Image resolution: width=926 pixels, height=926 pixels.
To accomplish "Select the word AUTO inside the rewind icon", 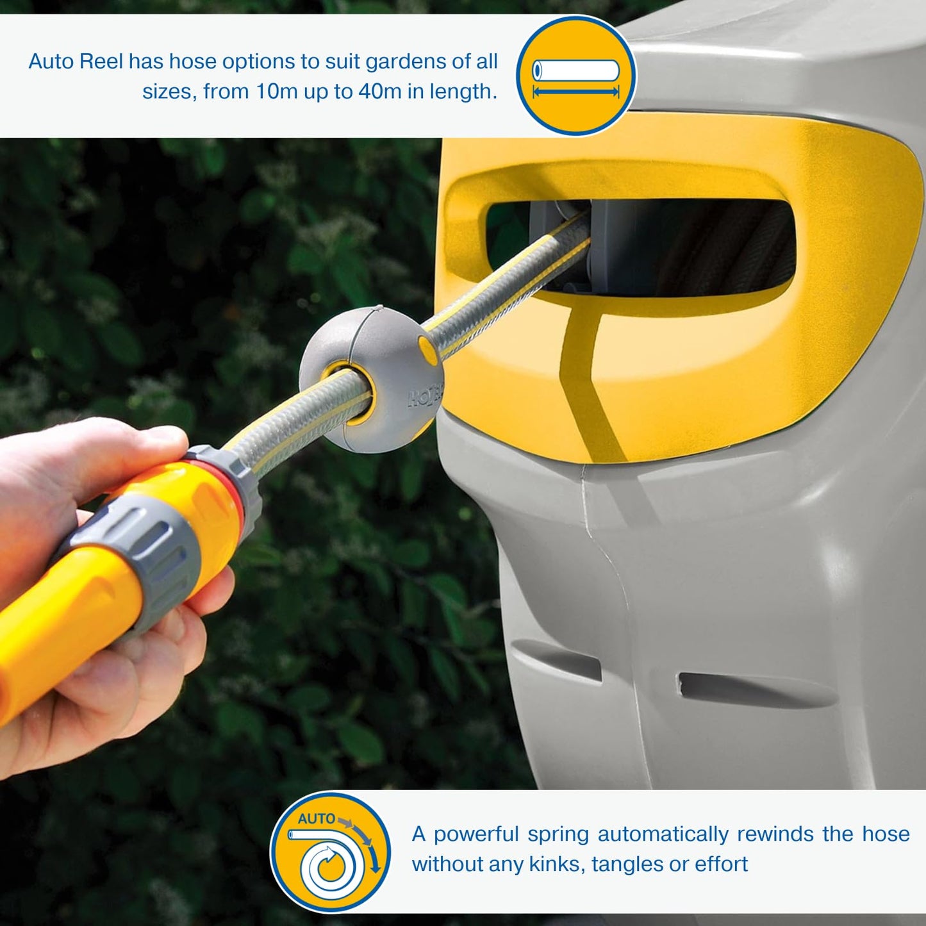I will tap(316, 818).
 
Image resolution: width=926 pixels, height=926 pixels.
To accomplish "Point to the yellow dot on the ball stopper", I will tap(425, 347).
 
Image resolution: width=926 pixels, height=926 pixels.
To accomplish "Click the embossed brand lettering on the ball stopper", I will tap(423, 401).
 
